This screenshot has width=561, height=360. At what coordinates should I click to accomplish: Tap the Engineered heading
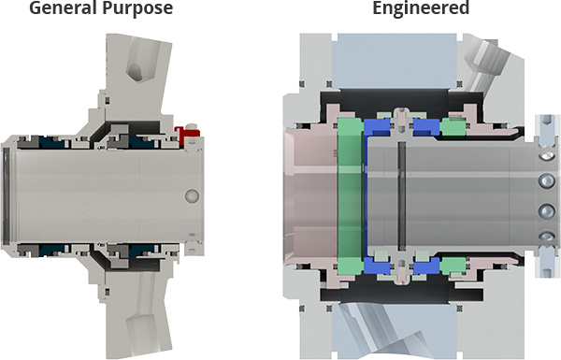[421, 7]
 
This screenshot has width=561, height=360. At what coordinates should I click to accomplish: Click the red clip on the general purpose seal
[185, 134]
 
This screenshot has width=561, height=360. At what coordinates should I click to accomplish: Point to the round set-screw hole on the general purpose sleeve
[192, 196]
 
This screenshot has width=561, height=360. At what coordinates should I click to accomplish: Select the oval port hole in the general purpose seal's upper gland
[136, 72]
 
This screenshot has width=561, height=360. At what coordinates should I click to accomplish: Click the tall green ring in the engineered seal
[350, 196]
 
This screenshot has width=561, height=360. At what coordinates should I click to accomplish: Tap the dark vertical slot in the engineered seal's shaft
[402, 196]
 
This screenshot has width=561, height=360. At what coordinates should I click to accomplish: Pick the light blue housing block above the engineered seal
[395, 61]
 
